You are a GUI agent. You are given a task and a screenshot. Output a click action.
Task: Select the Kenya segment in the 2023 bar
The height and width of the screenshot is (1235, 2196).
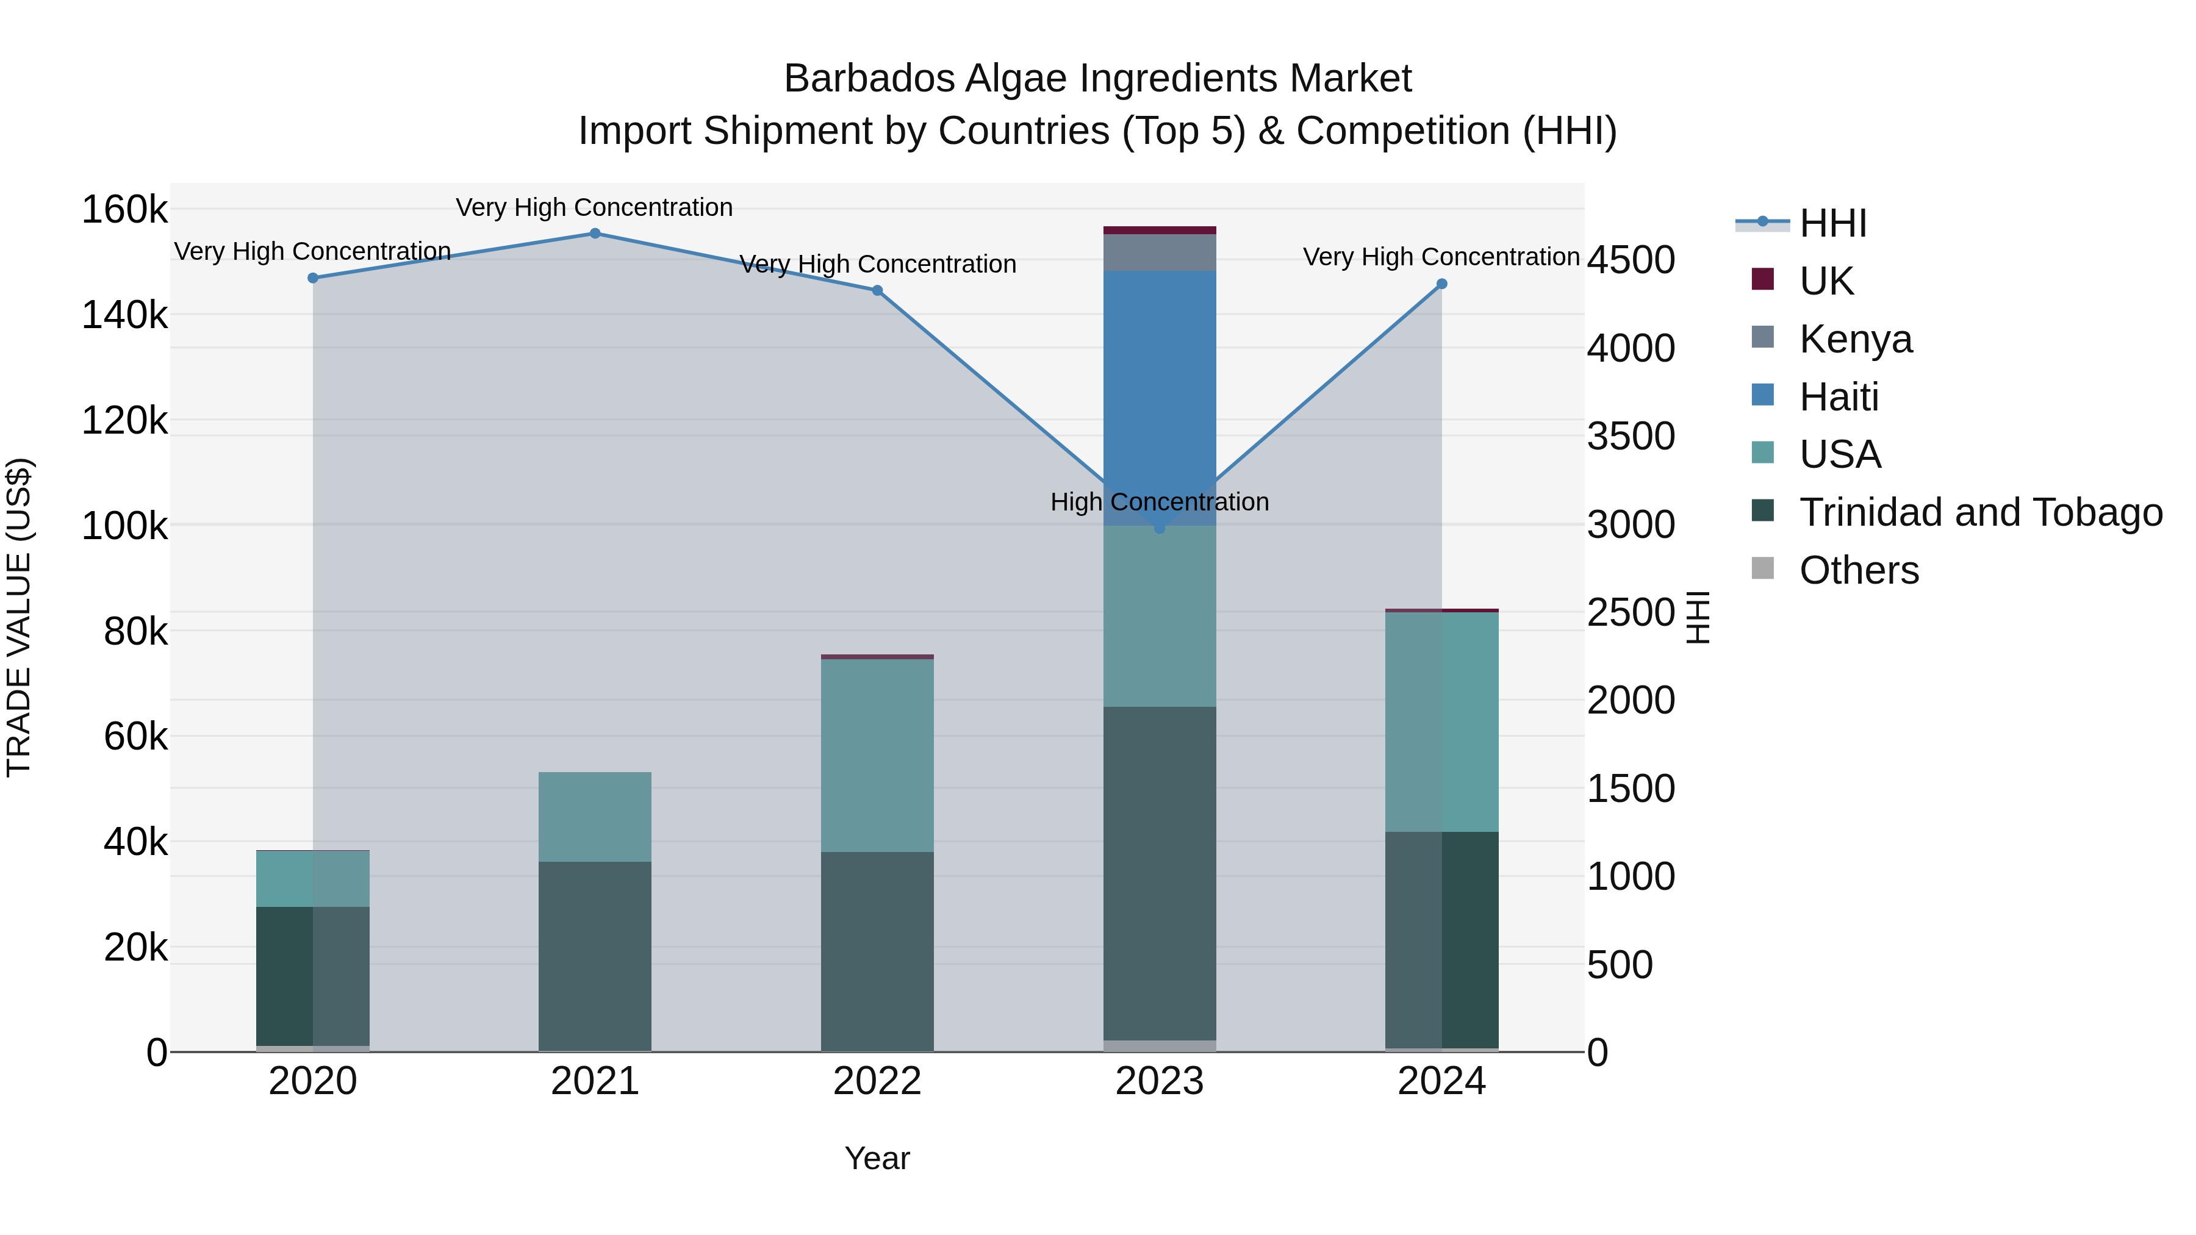[1160, 252]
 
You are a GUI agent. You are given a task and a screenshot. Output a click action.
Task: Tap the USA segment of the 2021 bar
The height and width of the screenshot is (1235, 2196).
[595, 817]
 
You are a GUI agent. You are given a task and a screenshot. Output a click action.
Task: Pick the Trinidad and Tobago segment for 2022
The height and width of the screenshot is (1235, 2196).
[877, 950]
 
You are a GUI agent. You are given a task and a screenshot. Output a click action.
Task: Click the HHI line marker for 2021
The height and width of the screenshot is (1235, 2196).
[595, 234]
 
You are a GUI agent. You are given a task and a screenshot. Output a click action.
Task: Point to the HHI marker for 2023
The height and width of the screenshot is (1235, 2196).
[1160, 528]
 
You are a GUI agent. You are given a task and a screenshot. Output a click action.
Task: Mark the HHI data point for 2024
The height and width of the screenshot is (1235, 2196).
[1441, 284]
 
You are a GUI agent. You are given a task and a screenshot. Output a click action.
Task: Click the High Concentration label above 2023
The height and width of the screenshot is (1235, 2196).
[1160, 502]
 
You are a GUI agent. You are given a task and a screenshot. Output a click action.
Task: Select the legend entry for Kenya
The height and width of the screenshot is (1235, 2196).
[1855, 339]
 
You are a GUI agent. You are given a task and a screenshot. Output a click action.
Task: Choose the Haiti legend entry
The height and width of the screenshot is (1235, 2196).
[1838, 397]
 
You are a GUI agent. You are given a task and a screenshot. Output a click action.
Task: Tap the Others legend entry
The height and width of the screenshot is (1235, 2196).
[1859, 570]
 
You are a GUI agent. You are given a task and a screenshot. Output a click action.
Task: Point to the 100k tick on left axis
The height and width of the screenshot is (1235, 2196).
[124, 526]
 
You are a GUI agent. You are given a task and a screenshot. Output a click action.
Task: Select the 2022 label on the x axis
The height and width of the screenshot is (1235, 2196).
[877, 1081]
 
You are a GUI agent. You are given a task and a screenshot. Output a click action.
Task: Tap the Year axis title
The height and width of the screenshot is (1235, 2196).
[877, 1158]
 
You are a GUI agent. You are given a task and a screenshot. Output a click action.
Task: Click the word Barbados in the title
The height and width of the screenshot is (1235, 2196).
[869, 79]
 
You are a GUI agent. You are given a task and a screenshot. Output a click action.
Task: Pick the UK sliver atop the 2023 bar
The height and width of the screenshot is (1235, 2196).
[1160, 230]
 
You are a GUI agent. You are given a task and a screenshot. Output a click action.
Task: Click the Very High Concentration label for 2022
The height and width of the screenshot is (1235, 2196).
[877, 264]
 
